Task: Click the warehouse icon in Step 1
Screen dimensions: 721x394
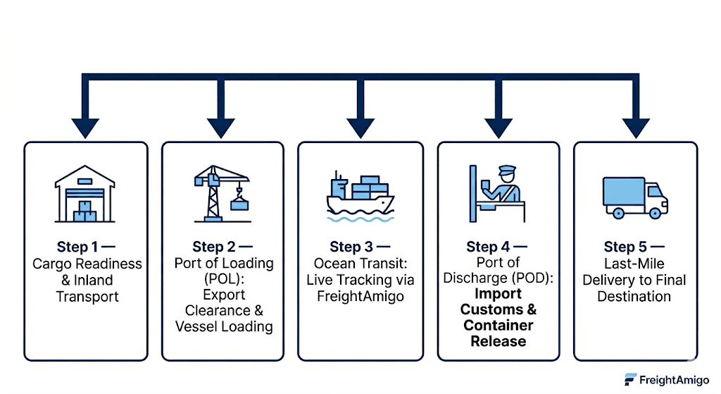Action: coord(85,194)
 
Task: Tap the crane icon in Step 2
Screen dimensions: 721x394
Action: coord(222,194)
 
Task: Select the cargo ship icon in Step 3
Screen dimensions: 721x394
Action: coord(360,197)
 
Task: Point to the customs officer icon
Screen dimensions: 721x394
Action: coord(497,194)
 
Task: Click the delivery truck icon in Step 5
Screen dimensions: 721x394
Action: coord(635,197)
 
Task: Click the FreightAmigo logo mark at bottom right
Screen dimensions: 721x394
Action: coord(630,379)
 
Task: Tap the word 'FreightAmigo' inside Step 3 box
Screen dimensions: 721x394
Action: coord(360,296)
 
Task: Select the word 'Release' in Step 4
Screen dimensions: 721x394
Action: coord(499,341)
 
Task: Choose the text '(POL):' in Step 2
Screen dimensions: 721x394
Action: coord(224,279)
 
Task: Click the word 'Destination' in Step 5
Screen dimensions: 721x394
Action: coord(634,296)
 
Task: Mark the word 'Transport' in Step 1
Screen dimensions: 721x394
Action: coord(87,297)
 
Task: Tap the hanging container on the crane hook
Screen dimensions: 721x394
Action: coord(239,204)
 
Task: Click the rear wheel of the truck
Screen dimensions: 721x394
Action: coord(618,213)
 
